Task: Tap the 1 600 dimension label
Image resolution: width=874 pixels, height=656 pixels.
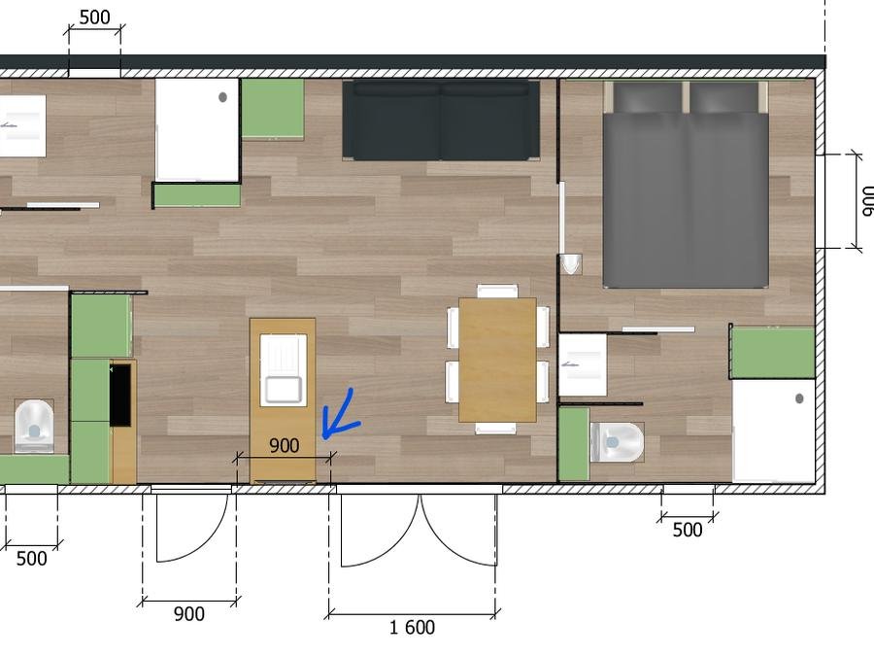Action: coord(412,628)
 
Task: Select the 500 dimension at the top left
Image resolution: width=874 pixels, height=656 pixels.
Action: coord(94,17)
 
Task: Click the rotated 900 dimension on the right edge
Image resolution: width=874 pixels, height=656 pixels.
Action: coord(865,201)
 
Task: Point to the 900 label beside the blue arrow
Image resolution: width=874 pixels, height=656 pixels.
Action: coord(285,445)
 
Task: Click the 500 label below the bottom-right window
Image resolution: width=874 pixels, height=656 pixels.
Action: coord(688,530)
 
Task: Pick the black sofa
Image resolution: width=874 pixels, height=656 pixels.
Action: coord(441,120)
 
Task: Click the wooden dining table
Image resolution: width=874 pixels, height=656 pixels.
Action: coord(497,360)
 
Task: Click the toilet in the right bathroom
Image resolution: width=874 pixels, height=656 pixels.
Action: coord(617,442)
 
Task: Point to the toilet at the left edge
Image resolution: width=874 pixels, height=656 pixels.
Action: coord(34,425)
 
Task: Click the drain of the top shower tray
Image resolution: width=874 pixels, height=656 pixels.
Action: coord(222,97)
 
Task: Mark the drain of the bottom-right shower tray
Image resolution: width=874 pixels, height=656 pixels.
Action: coord(799,398)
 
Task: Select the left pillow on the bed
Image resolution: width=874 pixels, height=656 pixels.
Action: coord(648,97)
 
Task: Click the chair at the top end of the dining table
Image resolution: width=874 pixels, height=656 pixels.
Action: coord(498,291)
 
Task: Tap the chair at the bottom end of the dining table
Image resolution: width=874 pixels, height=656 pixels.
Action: coord(495,429)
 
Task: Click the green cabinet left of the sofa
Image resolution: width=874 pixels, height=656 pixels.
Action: coord(273,108)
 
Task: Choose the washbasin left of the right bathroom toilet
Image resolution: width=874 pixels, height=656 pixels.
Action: coord(583,364)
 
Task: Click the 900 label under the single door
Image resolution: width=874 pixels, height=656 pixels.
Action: coord(189,613)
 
